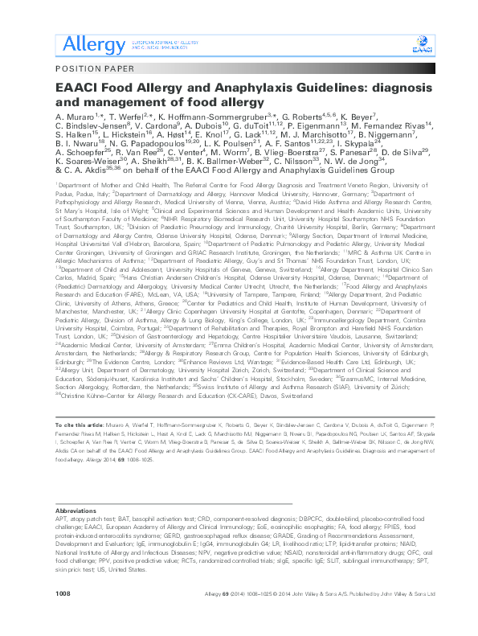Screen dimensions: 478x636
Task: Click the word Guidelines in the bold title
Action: tap(270, 91)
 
